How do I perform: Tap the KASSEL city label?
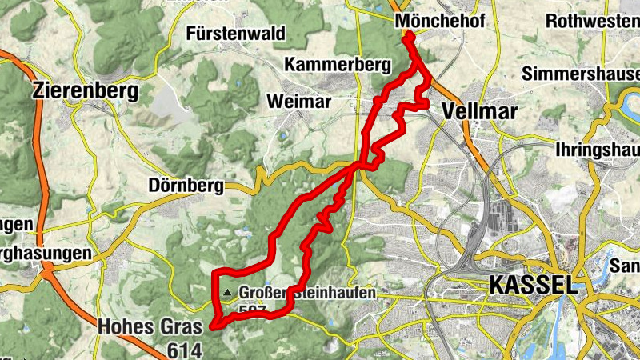[531, 284]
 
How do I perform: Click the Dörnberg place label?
[186, 186]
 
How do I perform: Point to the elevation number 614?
[185, 349]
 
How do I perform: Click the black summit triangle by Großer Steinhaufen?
[230, 294]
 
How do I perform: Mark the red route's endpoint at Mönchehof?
[409, 35]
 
